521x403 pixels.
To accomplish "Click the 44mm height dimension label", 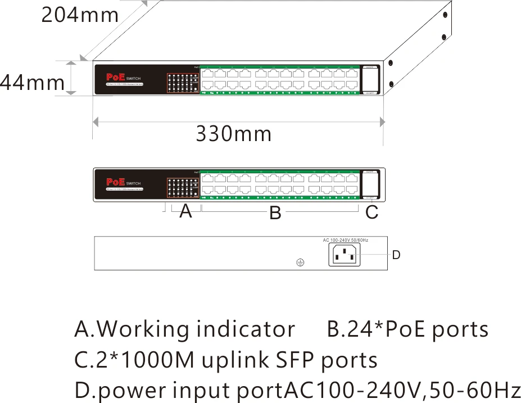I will pyautogui.click(x=32, y=83).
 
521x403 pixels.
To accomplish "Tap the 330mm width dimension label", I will pyautogui.click(x=233, y=134).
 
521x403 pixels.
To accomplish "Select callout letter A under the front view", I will pyautogui.click(x=186, y=212).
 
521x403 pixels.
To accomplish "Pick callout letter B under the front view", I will pyautogui.click(x=275, y=213).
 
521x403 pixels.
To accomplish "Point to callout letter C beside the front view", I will pyautogui.click(x=372, y=212).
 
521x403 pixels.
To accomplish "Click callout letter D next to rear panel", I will pyautogui.click(x=396, y=255).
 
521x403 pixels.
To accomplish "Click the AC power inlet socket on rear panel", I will pyautogui.click(x=345, y=255).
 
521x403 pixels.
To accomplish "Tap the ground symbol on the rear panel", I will pyautogui.click(x=300, y=262).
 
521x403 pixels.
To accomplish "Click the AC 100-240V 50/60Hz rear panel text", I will pyautogui.click(x=345, y=240).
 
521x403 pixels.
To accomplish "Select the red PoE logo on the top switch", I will pyautogui.click(x=116, y=77).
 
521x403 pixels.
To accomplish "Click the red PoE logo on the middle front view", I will pyautogui.click(x=116, y=182).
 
